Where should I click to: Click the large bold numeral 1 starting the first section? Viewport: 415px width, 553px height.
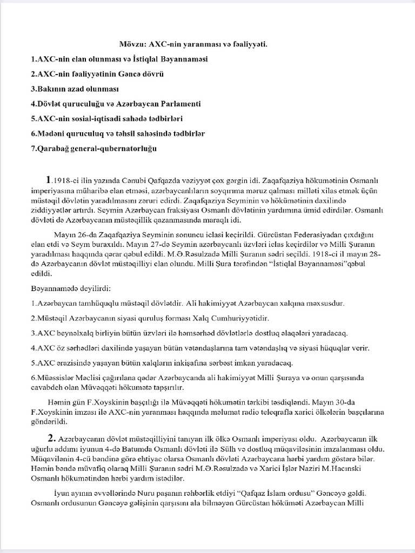(x=49, y=179)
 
